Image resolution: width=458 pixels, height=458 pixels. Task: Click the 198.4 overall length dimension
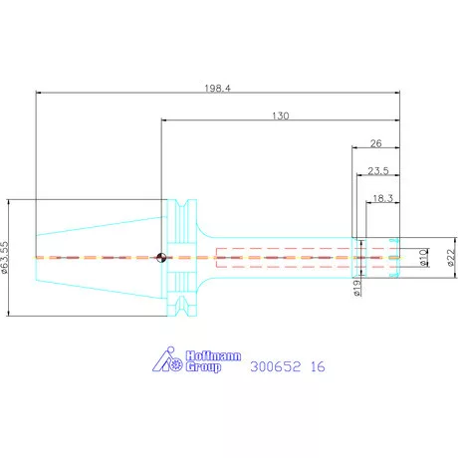tap(217, 89)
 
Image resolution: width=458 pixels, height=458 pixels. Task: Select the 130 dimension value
tap(281, 115)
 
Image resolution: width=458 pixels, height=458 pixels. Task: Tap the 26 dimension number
tap(375, 143)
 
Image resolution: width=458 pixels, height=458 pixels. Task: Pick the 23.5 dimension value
tap(378, 171)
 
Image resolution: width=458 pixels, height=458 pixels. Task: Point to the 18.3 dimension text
tap(382, 198)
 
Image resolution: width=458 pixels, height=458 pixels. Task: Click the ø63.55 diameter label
tap(4, 257)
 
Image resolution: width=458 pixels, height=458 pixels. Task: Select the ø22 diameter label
tap(451, 257)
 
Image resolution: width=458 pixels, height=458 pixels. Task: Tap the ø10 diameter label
tap(423, 258)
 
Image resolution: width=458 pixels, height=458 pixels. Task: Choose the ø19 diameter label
tap(356, 288)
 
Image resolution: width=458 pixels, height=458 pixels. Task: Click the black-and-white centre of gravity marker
tap(161, 257)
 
